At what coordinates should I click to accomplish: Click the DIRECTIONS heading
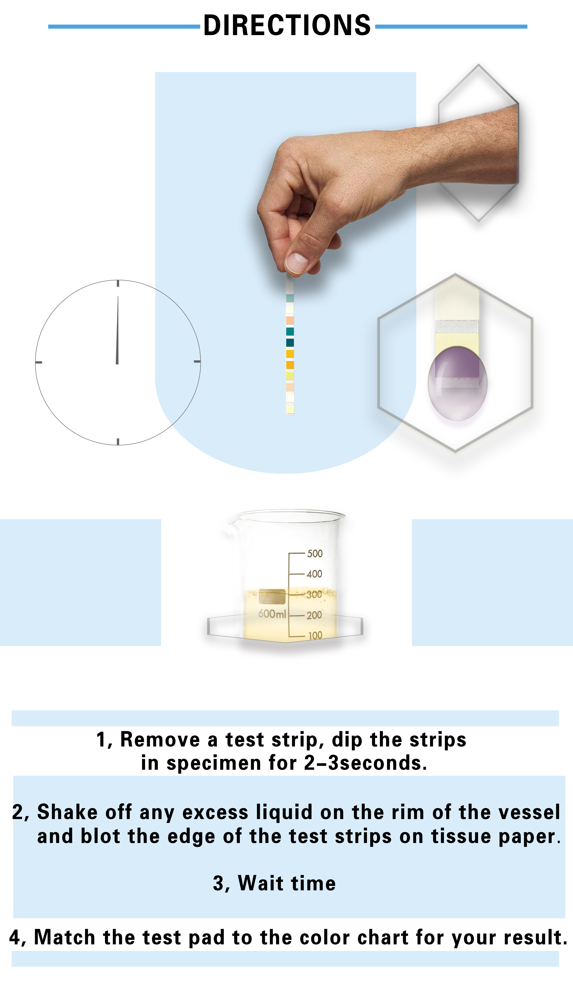[x=287, y=26]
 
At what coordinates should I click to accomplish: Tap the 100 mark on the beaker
[x=315, y=635]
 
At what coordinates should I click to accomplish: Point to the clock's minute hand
[x=117, y=330]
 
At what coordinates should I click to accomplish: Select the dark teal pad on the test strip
[x=290, y=343]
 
